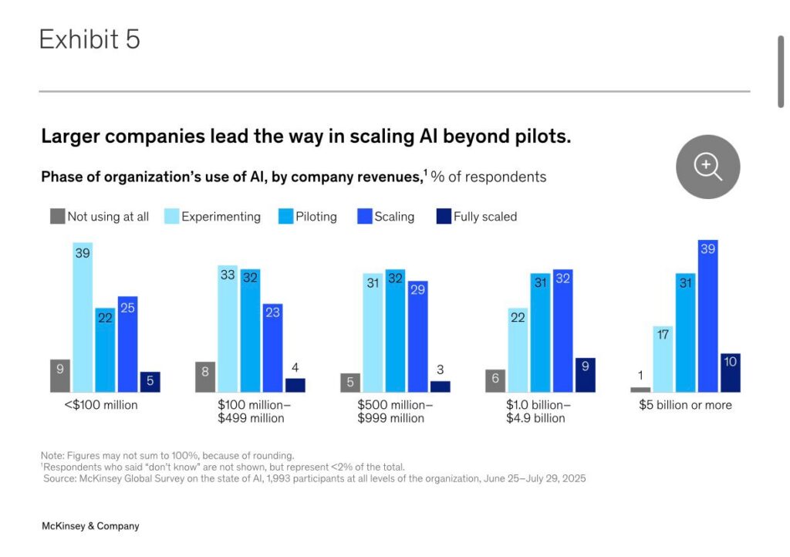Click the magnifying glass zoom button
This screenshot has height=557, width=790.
coord(707,167)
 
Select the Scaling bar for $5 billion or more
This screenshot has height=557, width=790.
coord(707,316)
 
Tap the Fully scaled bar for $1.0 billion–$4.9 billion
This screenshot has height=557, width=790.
coord(586,375)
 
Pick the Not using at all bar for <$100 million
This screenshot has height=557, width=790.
coord(60,376)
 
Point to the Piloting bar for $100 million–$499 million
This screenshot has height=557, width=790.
coord(250,330)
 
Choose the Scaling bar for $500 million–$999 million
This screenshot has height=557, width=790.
coord(418,336)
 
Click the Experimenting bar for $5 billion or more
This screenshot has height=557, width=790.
coord(663,359)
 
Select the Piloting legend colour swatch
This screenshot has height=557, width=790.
coord(285,217)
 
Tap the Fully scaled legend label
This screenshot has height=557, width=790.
coord(484,217)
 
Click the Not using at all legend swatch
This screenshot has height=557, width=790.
coord(57,217)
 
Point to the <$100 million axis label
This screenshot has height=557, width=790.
coord(101,405)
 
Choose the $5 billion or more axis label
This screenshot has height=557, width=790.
coord(685,405)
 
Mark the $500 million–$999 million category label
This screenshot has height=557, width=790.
coord(395,411)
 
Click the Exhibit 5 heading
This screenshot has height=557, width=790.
coord(89,39)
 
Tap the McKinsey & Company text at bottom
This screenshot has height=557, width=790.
coord(90,526)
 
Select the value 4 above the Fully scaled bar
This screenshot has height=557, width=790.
coord(295,366)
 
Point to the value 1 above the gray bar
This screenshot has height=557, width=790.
coord(640,376)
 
